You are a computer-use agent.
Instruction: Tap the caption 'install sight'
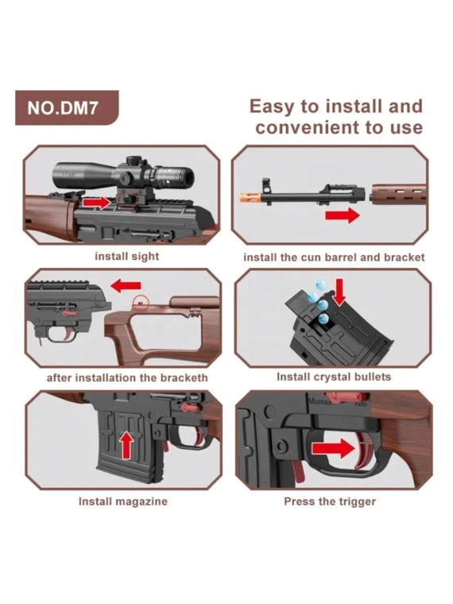(126, 257)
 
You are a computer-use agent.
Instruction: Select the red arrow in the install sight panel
(97, 202)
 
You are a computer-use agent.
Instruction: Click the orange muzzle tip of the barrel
(251, 196)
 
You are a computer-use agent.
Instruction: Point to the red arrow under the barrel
(343, 215)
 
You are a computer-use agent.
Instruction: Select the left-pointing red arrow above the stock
(126, 286)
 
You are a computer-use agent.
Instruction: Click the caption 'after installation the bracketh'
(127, 377)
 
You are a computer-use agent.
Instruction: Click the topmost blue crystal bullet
(320, 285)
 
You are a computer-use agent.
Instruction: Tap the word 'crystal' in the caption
(333, 377)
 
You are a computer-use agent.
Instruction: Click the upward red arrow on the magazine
(126, 444)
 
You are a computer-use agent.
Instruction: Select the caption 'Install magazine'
(123, 501)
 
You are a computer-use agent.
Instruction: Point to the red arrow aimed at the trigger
(333, 449)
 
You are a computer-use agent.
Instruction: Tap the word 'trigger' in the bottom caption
(355, 501)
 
